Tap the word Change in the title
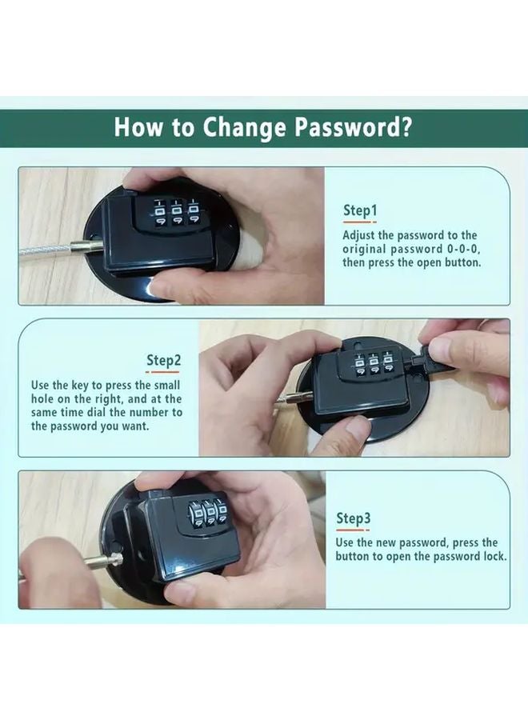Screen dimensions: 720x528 click(242, 127)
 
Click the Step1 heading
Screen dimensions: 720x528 click(359, 210)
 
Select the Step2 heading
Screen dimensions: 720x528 click(163, 360)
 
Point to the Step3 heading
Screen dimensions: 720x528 click(353, 518)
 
